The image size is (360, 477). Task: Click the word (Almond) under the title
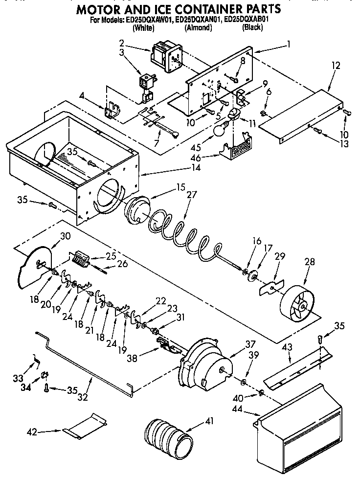[198, 28]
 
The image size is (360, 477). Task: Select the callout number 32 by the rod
[83, 396]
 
